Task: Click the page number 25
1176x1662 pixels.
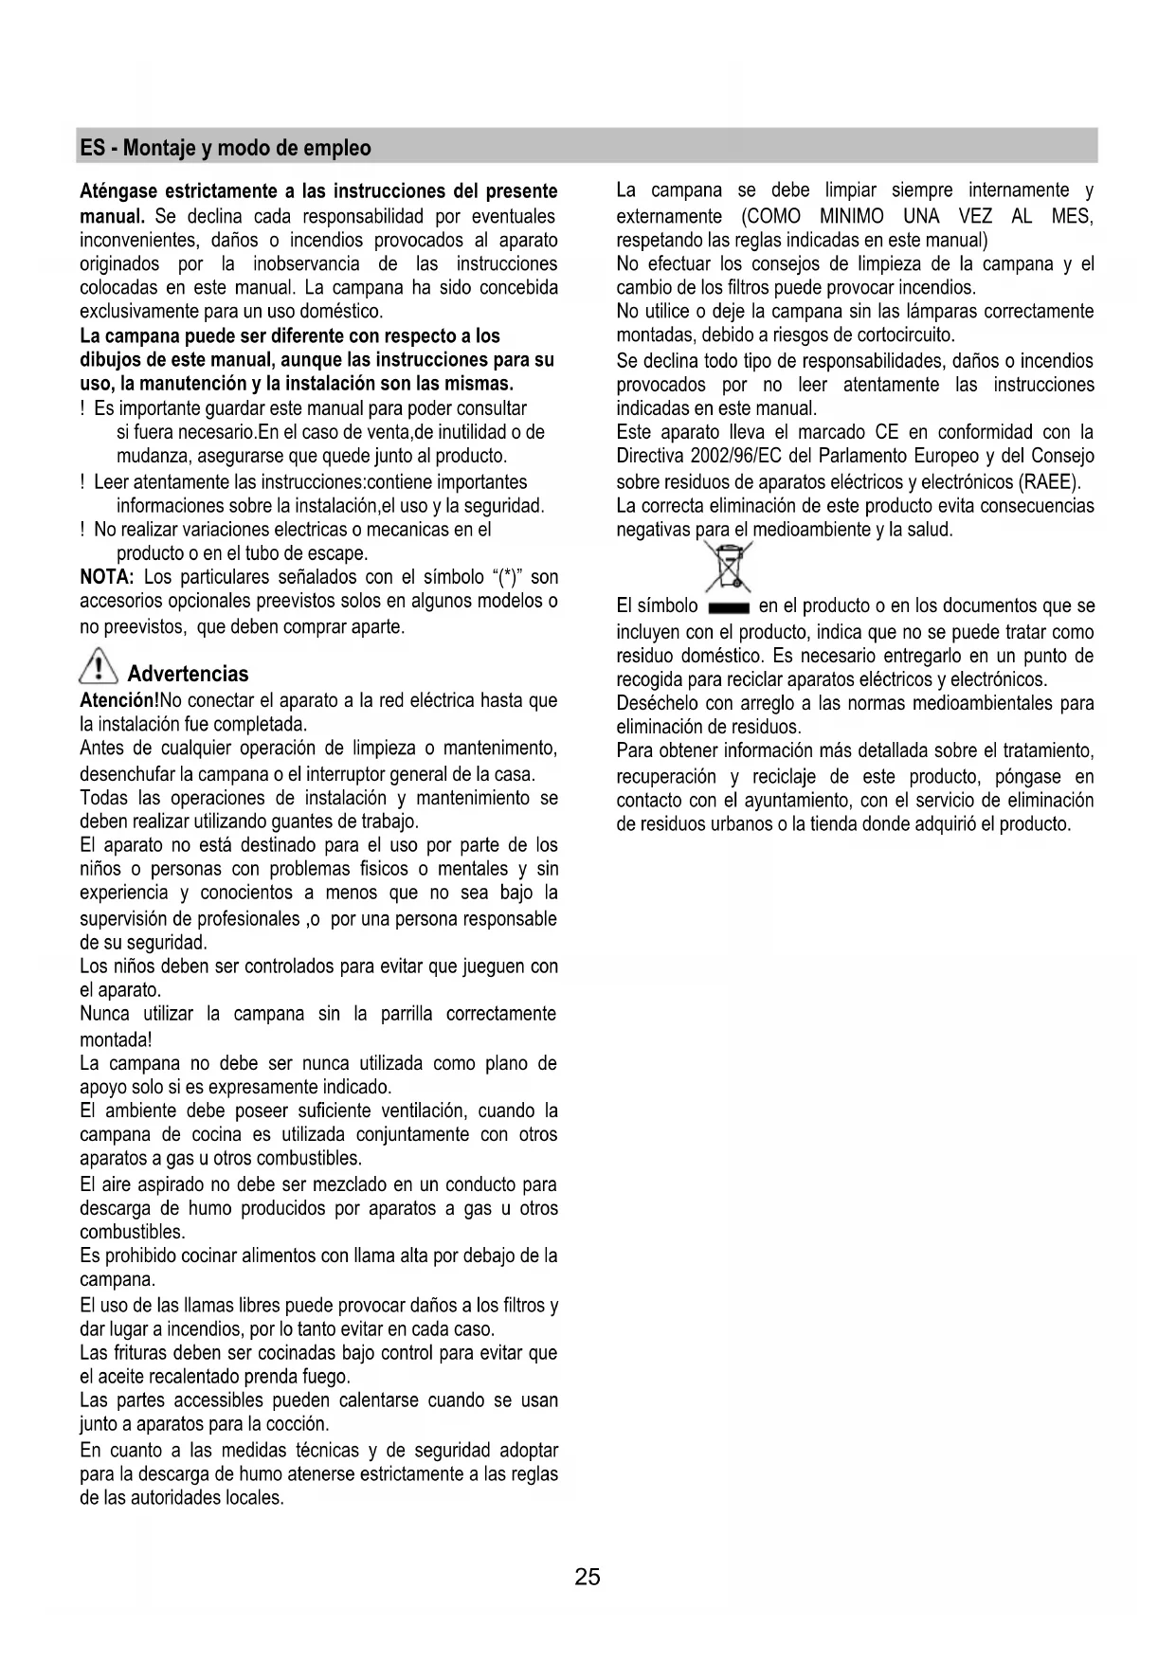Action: coord(587,1577)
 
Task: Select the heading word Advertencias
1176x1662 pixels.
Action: coord(188,675)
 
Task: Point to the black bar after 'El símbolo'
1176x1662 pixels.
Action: coord(728,607)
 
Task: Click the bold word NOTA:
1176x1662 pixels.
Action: coord(106,577)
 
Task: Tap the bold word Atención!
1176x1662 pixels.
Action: coord(119,701)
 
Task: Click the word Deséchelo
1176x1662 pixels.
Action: coord(657,704)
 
